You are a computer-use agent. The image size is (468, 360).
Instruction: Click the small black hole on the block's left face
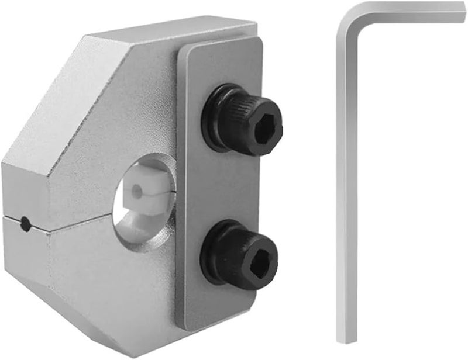coord(25,222)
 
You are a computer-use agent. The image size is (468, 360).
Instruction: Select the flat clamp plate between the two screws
coord(219,187)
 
